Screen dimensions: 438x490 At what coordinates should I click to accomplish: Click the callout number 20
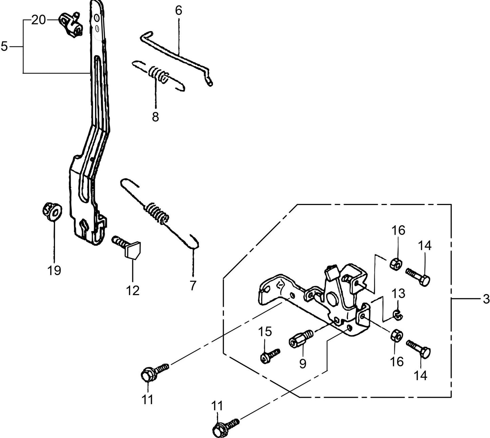38,20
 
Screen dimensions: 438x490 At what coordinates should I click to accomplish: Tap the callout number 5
4,46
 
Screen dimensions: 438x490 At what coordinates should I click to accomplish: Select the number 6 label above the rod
178,11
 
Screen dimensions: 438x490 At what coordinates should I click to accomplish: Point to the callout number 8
155,117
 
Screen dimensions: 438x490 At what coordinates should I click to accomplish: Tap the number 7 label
193,286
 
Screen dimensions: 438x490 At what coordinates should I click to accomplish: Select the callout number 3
486,299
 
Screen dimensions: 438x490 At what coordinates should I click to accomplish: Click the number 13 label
399,293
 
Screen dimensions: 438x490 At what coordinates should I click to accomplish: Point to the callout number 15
266,332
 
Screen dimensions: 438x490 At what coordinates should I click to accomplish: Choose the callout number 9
302,363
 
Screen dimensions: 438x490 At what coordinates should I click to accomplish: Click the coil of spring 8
158,75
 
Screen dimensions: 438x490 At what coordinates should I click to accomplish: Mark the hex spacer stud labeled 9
300,339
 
